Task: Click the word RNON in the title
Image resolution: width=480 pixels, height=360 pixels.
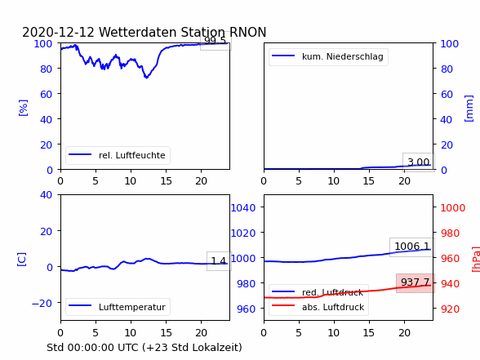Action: click(x=247, y=32)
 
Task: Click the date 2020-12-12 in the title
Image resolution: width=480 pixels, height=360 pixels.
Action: click(x=59, y=32)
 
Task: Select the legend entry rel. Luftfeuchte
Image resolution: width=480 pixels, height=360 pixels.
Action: click(x=118, y=155)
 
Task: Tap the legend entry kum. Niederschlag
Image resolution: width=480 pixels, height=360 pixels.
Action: click(x=328, y=56)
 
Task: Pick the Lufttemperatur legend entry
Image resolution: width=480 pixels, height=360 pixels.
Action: click(x=118, y=307)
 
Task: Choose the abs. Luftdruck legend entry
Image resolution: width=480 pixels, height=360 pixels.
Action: click(x=318, y=307)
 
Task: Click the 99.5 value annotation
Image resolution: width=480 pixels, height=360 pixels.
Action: click(x=215, y=41)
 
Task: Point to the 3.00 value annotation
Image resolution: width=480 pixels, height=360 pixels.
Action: click(x=419, y=162)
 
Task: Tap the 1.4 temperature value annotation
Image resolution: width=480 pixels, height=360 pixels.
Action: click(x=219, y=261)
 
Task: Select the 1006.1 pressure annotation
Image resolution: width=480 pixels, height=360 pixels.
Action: click(x=412, y=247)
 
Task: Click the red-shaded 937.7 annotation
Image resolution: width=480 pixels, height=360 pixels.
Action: click(x=416, y=282)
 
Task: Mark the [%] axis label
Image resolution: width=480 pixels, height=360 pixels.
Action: click(x=23, y=108)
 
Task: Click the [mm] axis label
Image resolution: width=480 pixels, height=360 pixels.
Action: click(x=469, y=109)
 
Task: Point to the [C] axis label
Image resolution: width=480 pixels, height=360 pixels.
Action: click(x=21, y=260)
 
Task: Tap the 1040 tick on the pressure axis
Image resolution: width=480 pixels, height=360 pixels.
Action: click(x=243, y=208)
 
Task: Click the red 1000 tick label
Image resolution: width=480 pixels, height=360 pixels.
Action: click(x=453, y=208)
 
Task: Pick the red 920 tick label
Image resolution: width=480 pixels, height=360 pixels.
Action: click(x=450, y=309)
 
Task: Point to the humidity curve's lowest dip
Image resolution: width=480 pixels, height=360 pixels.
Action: click(x=147, y=77)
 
